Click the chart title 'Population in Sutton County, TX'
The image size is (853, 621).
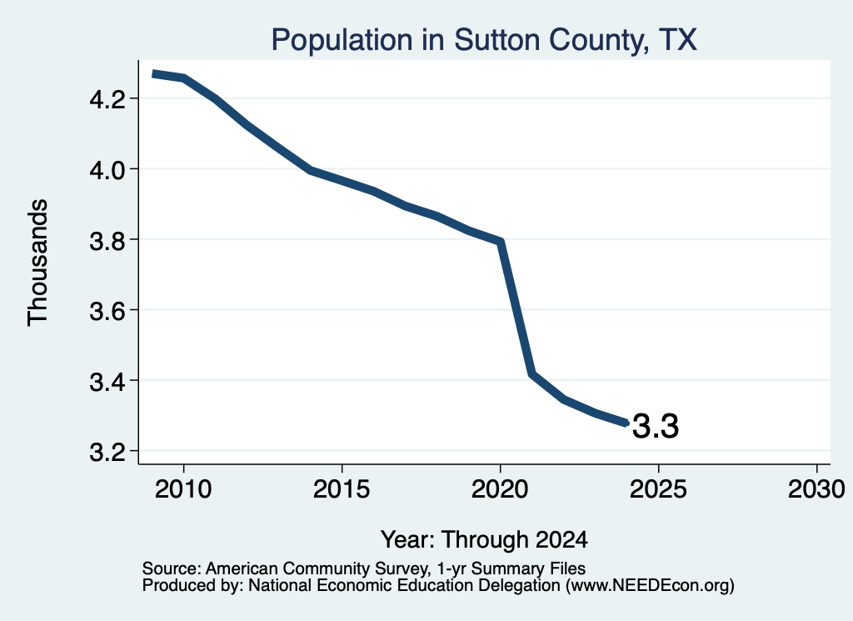click(x=484, y=40)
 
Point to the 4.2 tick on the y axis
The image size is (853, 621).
click(x=107, y=99)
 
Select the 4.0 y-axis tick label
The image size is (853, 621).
click(x=107, y=170)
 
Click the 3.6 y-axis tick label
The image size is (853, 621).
click(x=107, y=311)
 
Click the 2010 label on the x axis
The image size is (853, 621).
click(x=183, y=488)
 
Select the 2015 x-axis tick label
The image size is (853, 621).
click(x=342, y=488)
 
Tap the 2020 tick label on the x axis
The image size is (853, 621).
click(x=500, y=488)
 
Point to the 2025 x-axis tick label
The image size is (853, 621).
click(x=658, y=488)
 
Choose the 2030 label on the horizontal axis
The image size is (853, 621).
click(x=816, y=488)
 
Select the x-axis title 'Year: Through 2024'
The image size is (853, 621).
click(x=484, y=539)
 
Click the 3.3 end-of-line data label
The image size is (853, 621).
click(x=656, y=426)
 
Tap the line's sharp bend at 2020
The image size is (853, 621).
click(x=501, y=241)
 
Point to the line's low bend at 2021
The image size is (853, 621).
click(x=532, y=374)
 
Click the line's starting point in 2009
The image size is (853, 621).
click(x=153, y=73)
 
